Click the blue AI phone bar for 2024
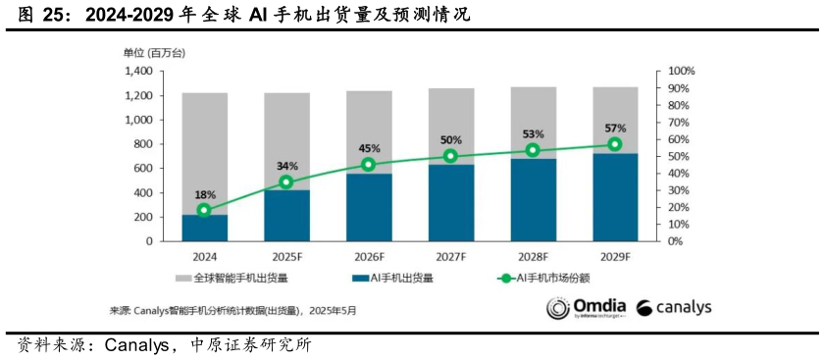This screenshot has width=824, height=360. pyautogui.click(x=204, y=228)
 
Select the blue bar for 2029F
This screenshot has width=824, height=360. pyautogui.click(x=615, y=196)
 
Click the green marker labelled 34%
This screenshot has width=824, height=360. pyautogui.click(x=285, y=182)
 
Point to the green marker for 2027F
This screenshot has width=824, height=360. pyautogui.click(x=450, y=156)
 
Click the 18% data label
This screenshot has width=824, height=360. pyautogui.click(x=204, y=194)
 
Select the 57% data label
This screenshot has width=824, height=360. pyautogui.click(x=615, y=128)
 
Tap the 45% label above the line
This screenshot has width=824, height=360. pyautogui.click(x=368, y=148)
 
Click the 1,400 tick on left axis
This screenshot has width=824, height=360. pyautogui.click(x=137, y=72)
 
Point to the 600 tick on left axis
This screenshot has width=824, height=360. pyautogui.click(x=143, y=168)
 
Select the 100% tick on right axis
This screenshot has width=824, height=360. pyautogui.click(x=681, y=72)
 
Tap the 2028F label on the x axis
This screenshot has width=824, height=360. pyautogui.click(x=533, y=256)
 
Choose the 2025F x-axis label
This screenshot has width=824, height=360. pyautogui.click(x=285, y=256)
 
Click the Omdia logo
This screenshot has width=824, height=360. pyautogui.click(x=586, y=309)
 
